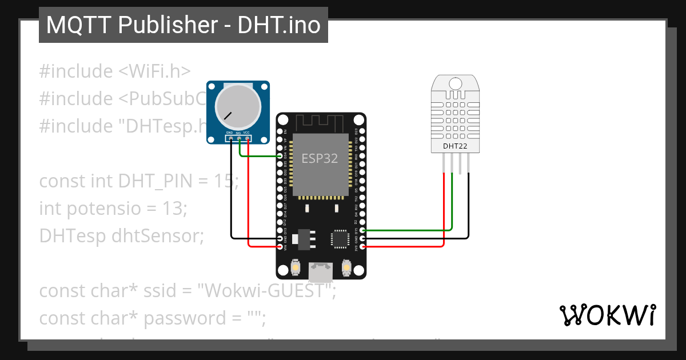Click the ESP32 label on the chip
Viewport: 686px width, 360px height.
pos(320,158)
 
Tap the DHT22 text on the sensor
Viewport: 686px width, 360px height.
pos(455,146)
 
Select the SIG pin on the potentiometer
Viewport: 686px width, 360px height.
pos(239,138)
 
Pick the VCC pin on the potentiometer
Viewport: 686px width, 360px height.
pos(247,138)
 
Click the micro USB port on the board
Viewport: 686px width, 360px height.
pos(320,271)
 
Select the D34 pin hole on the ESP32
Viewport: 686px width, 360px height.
pos(280,155)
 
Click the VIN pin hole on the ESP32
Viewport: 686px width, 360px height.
pos(280,246)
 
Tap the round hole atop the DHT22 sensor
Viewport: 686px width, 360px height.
pos(456,84)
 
